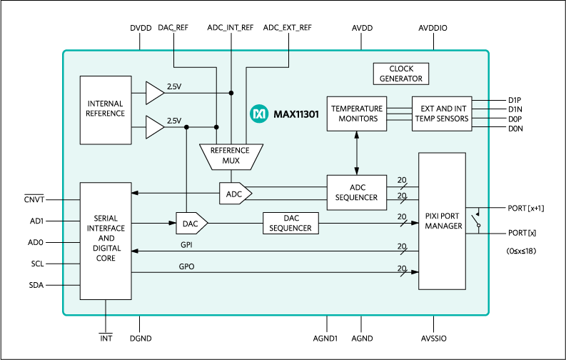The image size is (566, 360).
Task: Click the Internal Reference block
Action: (106, 109)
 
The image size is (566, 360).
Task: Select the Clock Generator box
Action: (400, 74)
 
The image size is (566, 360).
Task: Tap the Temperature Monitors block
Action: (356, 114)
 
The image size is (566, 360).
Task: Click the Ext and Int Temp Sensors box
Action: (442, 114)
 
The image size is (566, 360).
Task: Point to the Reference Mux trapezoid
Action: (230, 156)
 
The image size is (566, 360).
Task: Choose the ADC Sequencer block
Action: (356, 192)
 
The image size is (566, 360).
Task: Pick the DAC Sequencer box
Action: (290, 224)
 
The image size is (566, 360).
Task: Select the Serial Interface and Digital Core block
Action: (106, 241)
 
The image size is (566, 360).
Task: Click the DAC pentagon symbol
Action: (191, 224)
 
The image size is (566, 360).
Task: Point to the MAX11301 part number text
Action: (295, 114)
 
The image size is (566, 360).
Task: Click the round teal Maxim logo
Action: (258, 114)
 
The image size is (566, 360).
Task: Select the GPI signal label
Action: (186, 244)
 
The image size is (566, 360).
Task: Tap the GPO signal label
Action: (186, 266)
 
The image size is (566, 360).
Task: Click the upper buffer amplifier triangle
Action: (154, 92)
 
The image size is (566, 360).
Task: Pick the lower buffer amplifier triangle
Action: (154, 127)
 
